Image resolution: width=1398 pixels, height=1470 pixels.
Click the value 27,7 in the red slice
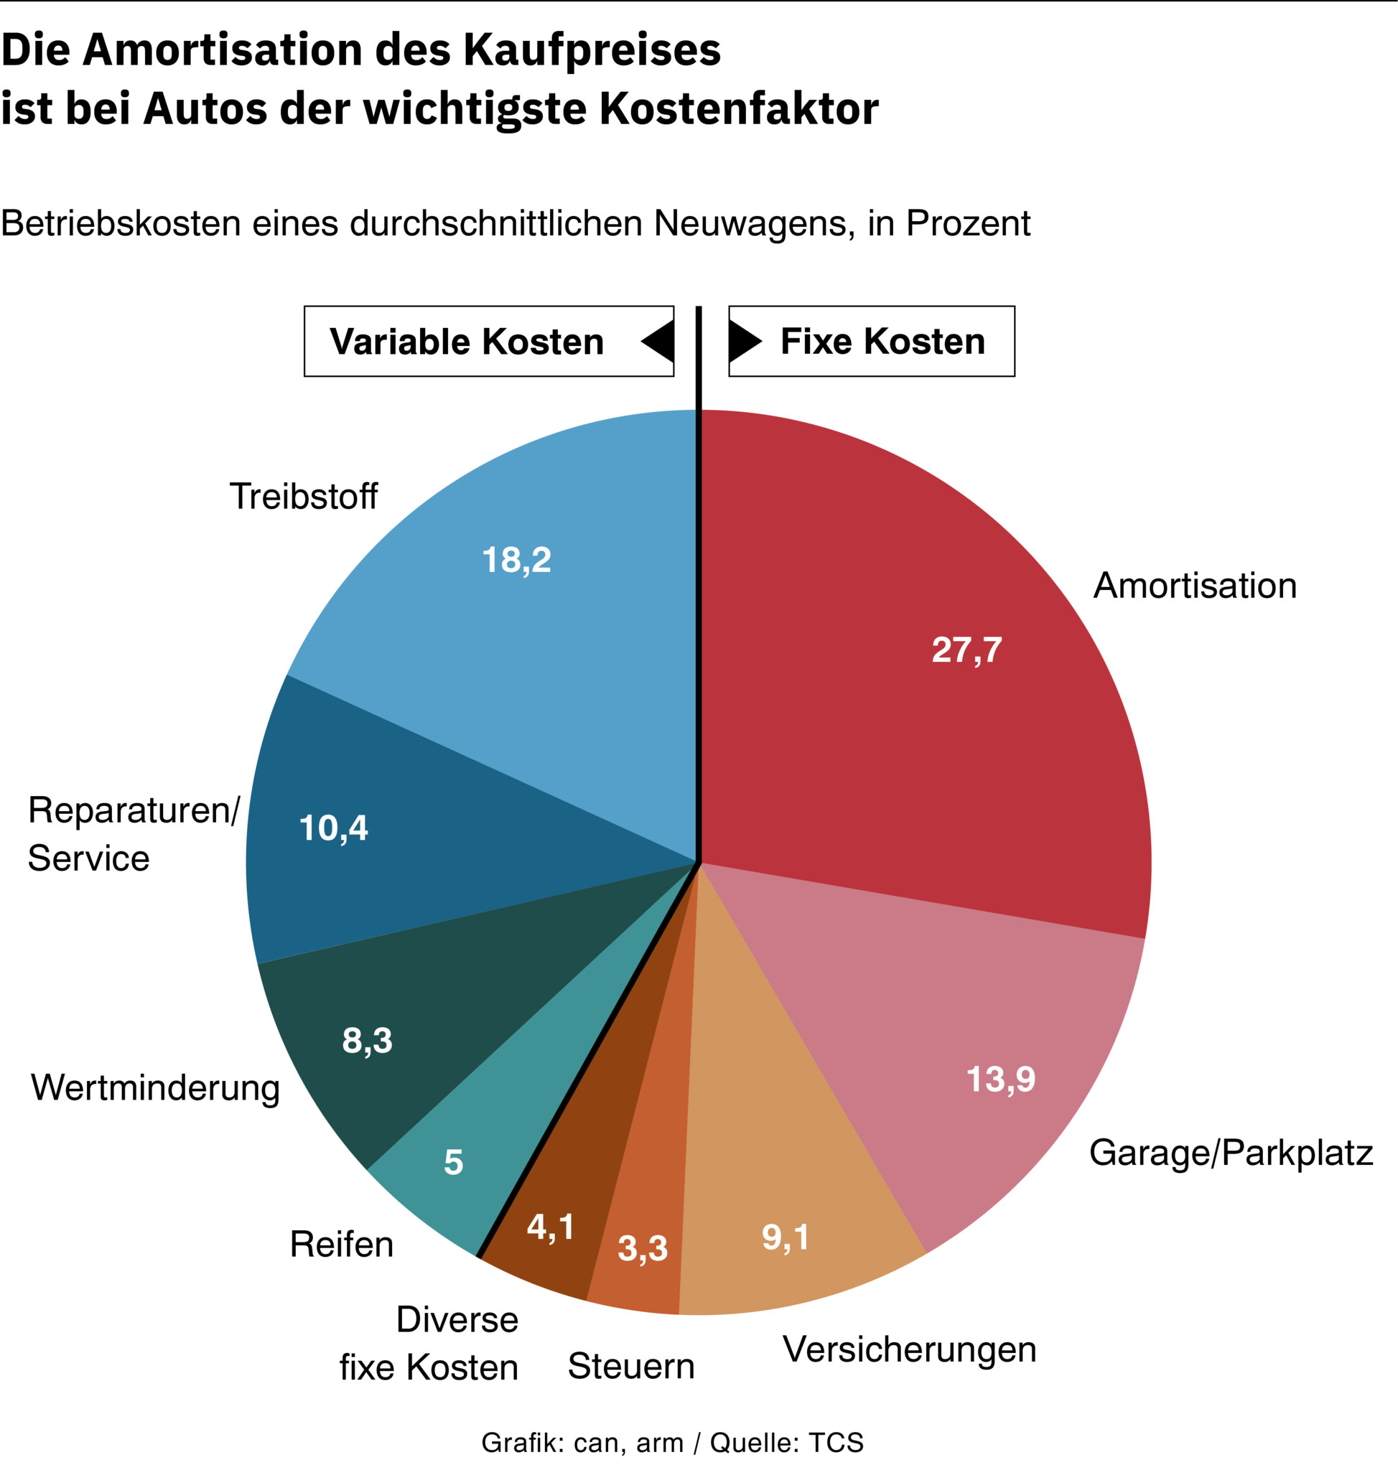966,650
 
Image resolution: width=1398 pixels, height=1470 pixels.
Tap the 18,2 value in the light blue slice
516,560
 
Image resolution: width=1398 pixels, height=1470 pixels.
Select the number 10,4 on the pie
333,828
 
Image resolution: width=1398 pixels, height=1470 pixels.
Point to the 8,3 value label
367,1040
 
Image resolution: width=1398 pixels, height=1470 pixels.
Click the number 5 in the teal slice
453,1161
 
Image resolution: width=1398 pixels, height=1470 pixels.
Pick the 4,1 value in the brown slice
550,1227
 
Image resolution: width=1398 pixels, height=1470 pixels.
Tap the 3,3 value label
643,1247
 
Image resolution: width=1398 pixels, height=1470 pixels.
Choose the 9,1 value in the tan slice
785,1237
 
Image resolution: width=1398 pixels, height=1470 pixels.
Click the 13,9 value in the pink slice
1000,1079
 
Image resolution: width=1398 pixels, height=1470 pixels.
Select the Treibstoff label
303,496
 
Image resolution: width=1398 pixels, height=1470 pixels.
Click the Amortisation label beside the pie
1195,586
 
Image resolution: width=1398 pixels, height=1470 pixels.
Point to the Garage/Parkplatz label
1230,1153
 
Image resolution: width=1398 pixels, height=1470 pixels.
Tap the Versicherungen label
909,1349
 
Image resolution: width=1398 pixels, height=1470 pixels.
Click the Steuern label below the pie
631,1366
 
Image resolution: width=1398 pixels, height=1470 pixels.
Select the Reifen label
341,1243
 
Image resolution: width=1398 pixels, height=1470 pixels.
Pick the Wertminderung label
155,1087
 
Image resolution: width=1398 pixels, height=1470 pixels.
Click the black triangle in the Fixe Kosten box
743,341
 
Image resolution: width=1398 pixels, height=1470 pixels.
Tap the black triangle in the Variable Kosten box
659,341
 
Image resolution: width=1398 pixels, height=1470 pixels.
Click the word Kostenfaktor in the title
739,109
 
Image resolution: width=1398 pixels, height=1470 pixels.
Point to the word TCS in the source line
836,1443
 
